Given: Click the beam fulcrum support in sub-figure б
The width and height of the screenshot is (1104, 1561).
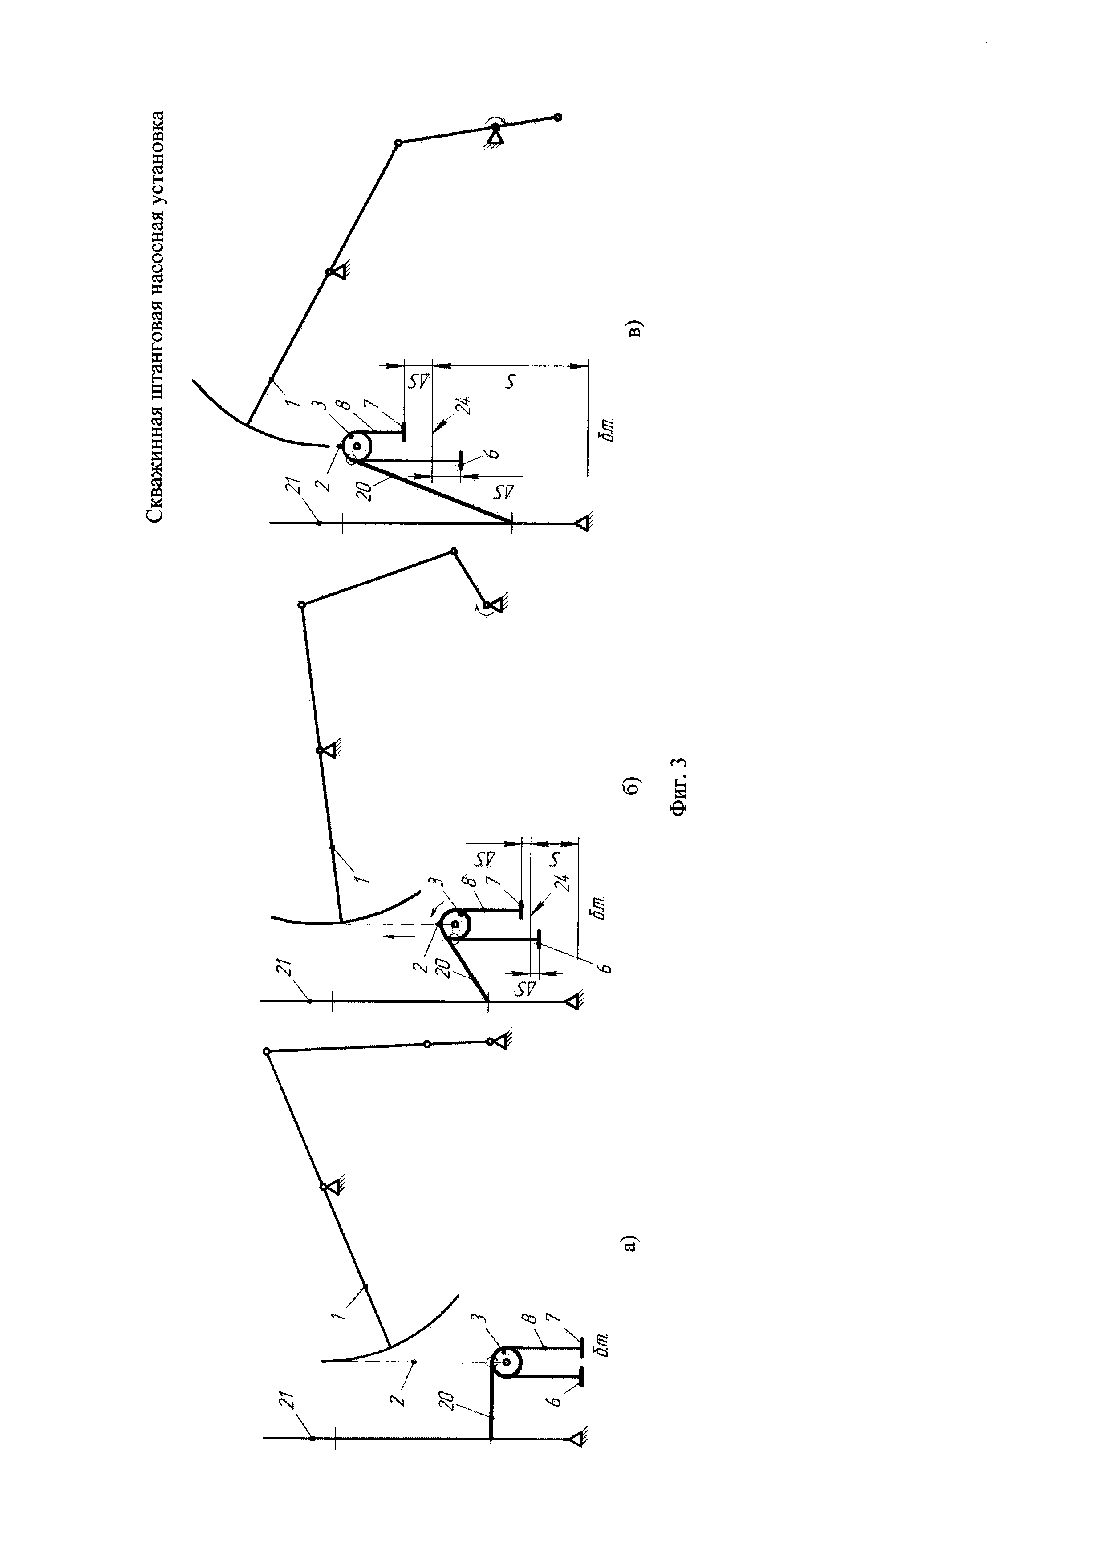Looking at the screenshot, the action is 329,750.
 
